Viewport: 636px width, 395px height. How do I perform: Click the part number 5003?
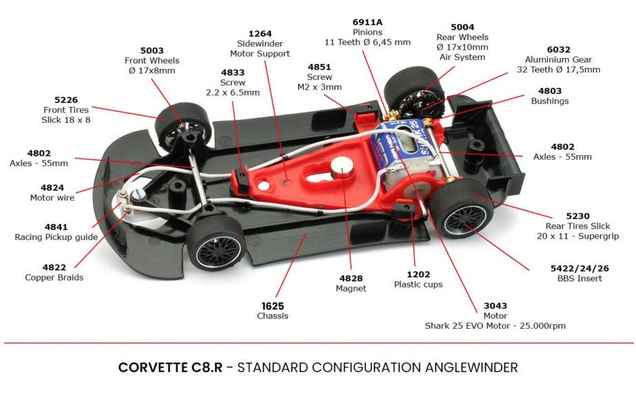pyautogui.click(x=152, y=50)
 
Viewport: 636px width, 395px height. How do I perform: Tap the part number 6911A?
pyautogui.click(x=367, y=22)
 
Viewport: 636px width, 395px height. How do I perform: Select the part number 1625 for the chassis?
pyautogui.click(x=273, y=305)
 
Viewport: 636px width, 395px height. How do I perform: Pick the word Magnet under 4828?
pyautogui.click(x=351, y=289)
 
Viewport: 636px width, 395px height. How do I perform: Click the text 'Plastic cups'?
pyautogui.click(x=418, y=284)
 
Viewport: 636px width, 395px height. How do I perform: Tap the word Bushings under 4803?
pyautogui.click(x=549, y=101)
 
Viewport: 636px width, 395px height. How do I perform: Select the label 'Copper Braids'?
pyautogui.click(x=54, y=278)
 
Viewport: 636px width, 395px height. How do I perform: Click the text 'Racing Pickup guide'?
pyautogui.click(x=56, y=237)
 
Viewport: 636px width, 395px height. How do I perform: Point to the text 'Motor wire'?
pyautogui.click(x=52, y=198)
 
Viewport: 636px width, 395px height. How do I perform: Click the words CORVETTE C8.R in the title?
pyautogui.click(x=170, y=367)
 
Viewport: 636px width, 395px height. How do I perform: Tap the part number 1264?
pyautogui.click(x=260, y=32)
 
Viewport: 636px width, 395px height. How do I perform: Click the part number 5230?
pyautogui.click(x=577, y=216)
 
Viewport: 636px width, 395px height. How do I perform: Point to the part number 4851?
pyautogui.click(x=319, y=67)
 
